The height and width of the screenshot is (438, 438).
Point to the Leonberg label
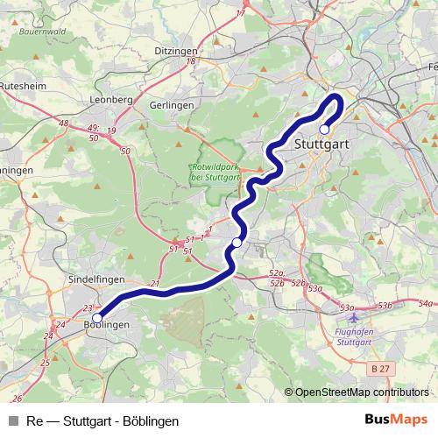(110, 100)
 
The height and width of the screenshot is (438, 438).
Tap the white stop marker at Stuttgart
(324, 129)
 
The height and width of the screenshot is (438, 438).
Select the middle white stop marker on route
(237, 243)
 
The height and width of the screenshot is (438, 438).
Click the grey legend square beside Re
(11, 421)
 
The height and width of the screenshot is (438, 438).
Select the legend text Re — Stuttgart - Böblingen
(102, 421)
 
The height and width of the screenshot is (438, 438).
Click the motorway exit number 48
(63, 124)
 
